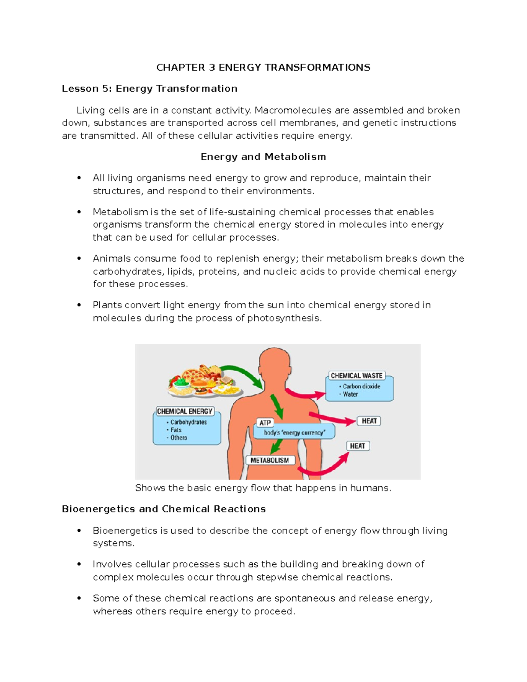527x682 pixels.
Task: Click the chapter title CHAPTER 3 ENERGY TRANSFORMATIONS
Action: pyautogui.click(x=263, y=68)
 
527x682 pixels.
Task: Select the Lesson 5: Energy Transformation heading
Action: pyautogui.click(x=149, y=89)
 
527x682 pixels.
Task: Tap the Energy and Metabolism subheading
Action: pyautogui.click(x=263, y=157)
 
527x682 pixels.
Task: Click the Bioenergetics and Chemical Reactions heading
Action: pyautogui.click(x=164, y=509)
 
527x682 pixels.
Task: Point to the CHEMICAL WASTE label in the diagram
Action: pyautogui.click(x=356, y=376)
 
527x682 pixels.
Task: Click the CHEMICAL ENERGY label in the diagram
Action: pyautogui.click(x=184, y=411)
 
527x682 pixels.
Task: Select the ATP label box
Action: pyautogui.click(x=265, y=423)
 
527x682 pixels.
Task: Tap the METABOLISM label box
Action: pyautogui.click(x=270, y=460)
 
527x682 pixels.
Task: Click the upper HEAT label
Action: pyautogui.click(x=369, y=421)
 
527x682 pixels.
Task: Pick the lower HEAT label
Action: pyautogui.click(x=357, y=446)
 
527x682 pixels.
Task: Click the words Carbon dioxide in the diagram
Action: pyautogui.click(x=361, y=386)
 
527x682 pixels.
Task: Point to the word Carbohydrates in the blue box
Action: pyautogui.click(x=188, y=422)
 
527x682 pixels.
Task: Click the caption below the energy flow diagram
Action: pyautogui.click(x=263, y=488)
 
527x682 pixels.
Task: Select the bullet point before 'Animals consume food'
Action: pyautogui.click(x=79, y=259)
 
